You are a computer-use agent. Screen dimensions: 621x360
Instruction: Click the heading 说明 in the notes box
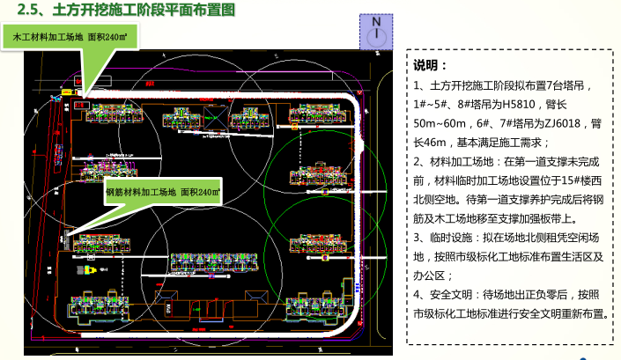click(x=431, y=66)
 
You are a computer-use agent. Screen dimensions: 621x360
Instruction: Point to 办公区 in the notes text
click(x=431, y=276)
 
